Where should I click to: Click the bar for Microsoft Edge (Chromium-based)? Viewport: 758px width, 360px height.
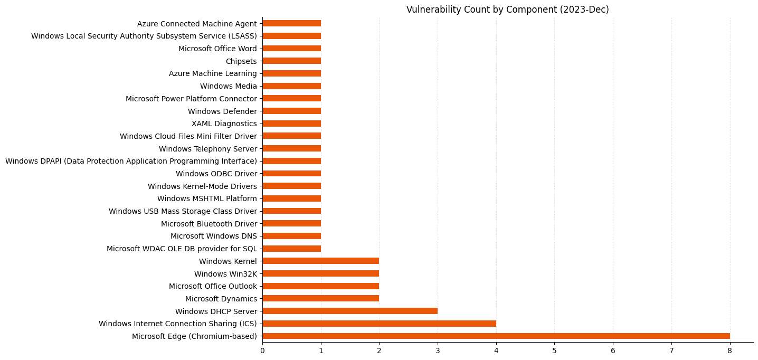(x=496, y=336)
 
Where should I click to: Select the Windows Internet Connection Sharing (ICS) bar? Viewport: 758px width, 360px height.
(x=379, y=324)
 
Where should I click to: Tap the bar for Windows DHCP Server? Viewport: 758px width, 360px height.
(x=350, y=311)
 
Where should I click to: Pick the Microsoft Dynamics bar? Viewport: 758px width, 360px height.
(x=320, y=298)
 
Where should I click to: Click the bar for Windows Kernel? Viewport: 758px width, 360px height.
(x=320, y=261)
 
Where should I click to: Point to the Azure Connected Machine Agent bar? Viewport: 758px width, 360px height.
(x=291, y=23)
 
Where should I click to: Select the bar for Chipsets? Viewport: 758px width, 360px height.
(x=291, y=61)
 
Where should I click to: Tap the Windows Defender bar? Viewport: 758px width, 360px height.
(x=291, y=111)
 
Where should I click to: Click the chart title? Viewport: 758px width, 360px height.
(x=507, y=10)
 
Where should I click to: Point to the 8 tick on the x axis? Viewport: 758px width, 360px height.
(x=730, y=350)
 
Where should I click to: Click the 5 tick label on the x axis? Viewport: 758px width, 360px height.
(x=554, y=350)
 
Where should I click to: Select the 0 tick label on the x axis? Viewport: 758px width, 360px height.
(x=262, y=350)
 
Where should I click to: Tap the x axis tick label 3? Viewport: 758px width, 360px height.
(x=438, y=350)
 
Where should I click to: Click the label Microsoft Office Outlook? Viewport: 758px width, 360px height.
(x=213, y=286)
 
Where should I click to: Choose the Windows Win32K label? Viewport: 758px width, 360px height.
(x=225, y=273)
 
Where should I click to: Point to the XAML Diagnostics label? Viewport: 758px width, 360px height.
(x=224, y=124)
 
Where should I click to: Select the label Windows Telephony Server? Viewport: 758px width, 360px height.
(x=207, y=149)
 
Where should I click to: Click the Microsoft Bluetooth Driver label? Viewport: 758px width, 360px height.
(x=209, y=223)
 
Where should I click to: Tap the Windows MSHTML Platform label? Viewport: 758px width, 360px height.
(x=207, y=198)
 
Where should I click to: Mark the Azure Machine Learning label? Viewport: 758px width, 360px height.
(x=213, y=73)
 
